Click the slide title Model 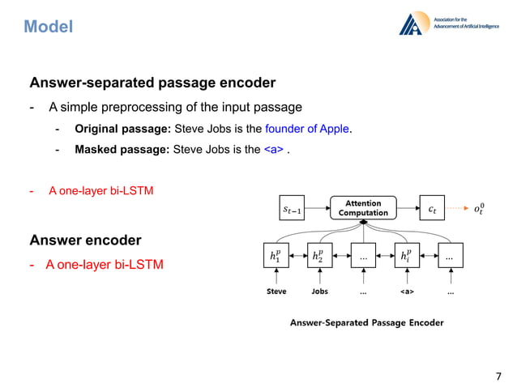(x=49, y=28)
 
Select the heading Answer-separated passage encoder (x=152, y=83)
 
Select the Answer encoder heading (x=85, y=240)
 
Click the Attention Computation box (x=363, y=208)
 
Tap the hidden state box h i (x=408, y=255)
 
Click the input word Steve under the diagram (x=276, y=291)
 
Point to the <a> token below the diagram (x=408, y=291)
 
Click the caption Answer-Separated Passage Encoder (x=366, y=322)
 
